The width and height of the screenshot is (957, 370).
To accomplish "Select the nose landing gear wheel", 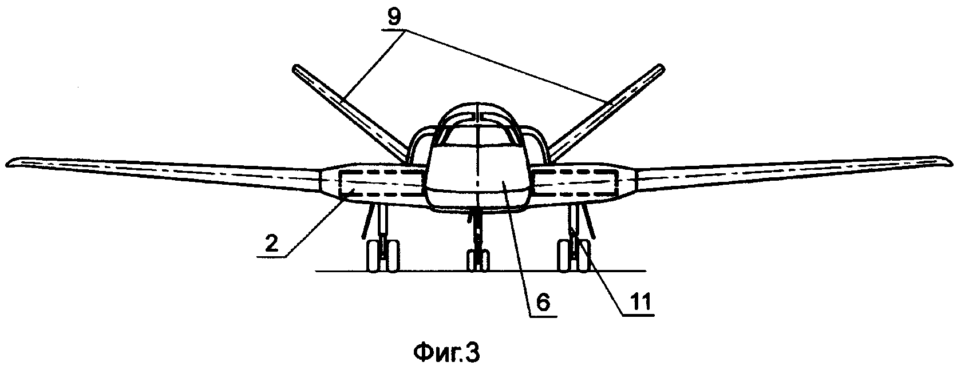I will click(x=477, y=260).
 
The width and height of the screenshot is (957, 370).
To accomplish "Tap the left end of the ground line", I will click(x=316, y=271).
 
